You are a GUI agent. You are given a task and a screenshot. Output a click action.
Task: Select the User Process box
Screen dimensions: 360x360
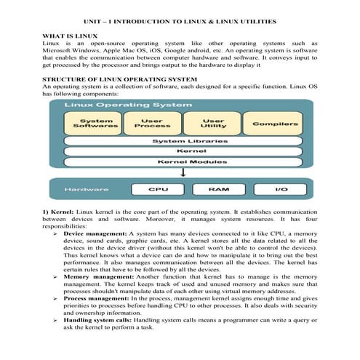(x=151, y=124)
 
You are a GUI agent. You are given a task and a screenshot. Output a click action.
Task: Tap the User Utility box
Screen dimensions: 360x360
(x=212, y=124)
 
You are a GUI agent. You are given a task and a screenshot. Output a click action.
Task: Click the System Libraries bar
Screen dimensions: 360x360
(x=184, y=141)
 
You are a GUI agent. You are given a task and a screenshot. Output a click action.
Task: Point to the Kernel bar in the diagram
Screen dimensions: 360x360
(x=184, y=151)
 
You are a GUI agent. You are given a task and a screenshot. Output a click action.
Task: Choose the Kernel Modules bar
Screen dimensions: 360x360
(x=184, y=161)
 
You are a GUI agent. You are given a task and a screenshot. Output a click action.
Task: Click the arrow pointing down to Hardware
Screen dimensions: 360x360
(x=184, y=173)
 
